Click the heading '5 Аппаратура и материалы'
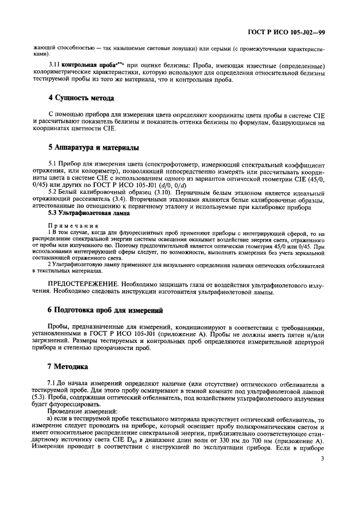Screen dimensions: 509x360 coord(93,148)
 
